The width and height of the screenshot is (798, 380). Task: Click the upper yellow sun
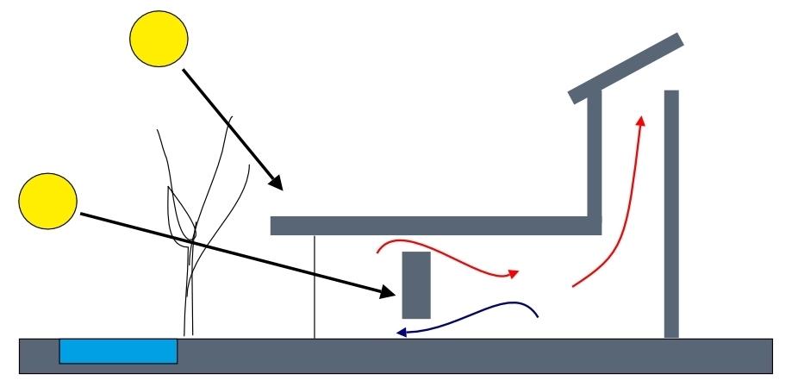(x=159, y=40)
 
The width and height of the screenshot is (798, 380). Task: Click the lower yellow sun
(x=48, y=201)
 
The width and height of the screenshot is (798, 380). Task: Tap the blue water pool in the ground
(x=118, y=352)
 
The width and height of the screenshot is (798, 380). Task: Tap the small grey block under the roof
(x=416, y=284)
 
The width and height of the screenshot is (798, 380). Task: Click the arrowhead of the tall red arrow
(x=640, y=120)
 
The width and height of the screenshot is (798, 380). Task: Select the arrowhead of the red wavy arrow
(x=514, y=274)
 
